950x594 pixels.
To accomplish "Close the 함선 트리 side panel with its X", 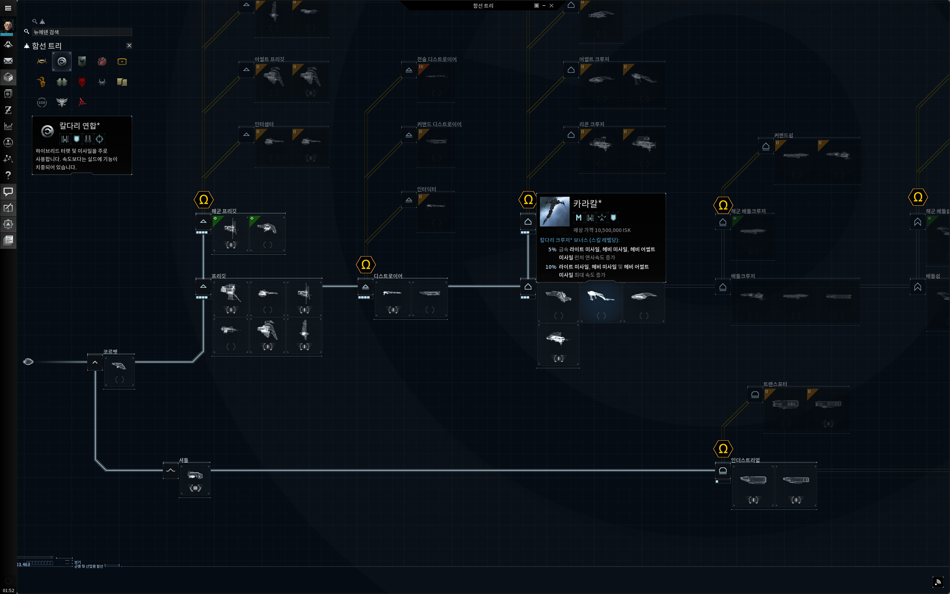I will pyautogui.click(x=129, y=46).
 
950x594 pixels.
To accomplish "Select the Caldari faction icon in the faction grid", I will pyautogui.click(x=62, y=61).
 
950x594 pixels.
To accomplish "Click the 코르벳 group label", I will pyautogui.click(x=110, y=351).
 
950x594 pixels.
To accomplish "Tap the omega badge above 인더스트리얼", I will pyautogui.click(x=723, y=448).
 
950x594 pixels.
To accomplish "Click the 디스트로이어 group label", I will pyautogui.click(x=388, y=276).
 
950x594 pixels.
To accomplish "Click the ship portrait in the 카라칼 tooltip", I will pyautogui.click(x=555, y=211).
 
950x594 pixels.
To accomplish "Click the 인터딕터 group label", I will pyautogui.click(x=426, y=189).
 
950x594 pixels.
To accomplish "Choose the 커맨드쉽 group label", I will pyautogui.click(x=783, y=135).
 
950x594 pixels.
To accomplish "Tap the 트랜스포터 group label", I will pyautogui.click(x=775, y=384).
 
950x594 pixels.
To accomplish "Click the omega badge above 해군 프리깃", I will pyautogui.click(x=203, y=200).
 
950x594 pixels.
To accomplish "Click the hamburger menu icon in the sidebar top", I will pyautogui.click(x=8, y=8).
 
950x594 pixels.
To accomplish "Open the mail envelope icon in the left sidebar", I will pyautogui.click(x=8, y=61).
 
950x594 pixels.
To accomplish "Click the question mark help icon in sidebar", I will pyautogui.click(x=8, y=175).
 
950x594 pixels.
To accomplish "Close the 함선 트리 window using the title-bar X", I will pyautogui.click(x=551, y=6).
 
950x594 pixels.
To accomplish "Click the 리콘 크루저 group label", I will pyautogui.click(x=592, y=124).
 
